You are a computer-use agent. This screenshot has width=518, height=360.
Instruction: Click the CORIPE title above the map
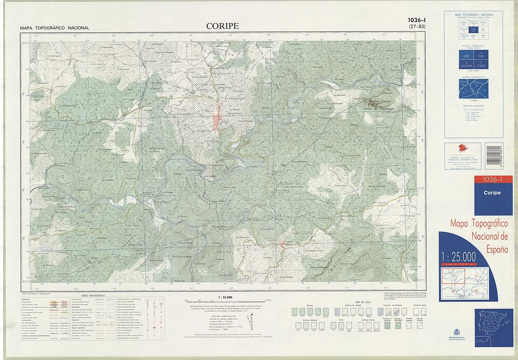222,26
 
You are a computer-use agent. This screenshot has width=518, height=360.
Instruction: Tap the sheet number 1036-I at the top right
416,20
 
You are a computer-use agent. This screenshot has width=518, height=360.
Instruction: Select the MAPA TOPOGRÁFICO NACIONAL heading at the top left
55,28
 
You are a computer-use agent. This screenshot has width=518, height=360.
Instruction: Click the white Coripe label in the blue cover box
492,193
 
